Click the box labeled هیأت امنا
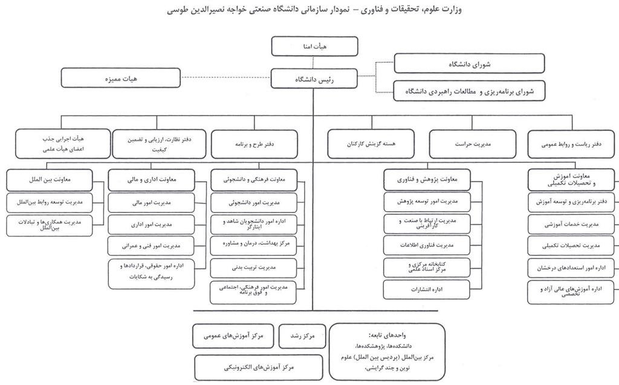click(314, 46)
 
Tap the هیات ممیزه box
click(121, 77)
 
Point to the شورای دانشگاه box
click(468, 63)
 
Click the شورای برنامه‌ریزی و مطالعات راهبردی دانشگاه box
click(468, 91)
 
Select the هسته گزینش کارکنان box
click(370, 144)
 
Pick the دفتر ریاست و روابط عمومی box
click(572, 144)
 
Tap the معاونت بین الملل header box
click(50, 180)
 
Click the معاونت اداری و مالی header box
click(151, 180)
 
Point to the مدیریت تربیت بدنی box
click(253, 266)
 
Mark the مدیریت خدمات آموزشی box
click(572, 223)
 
